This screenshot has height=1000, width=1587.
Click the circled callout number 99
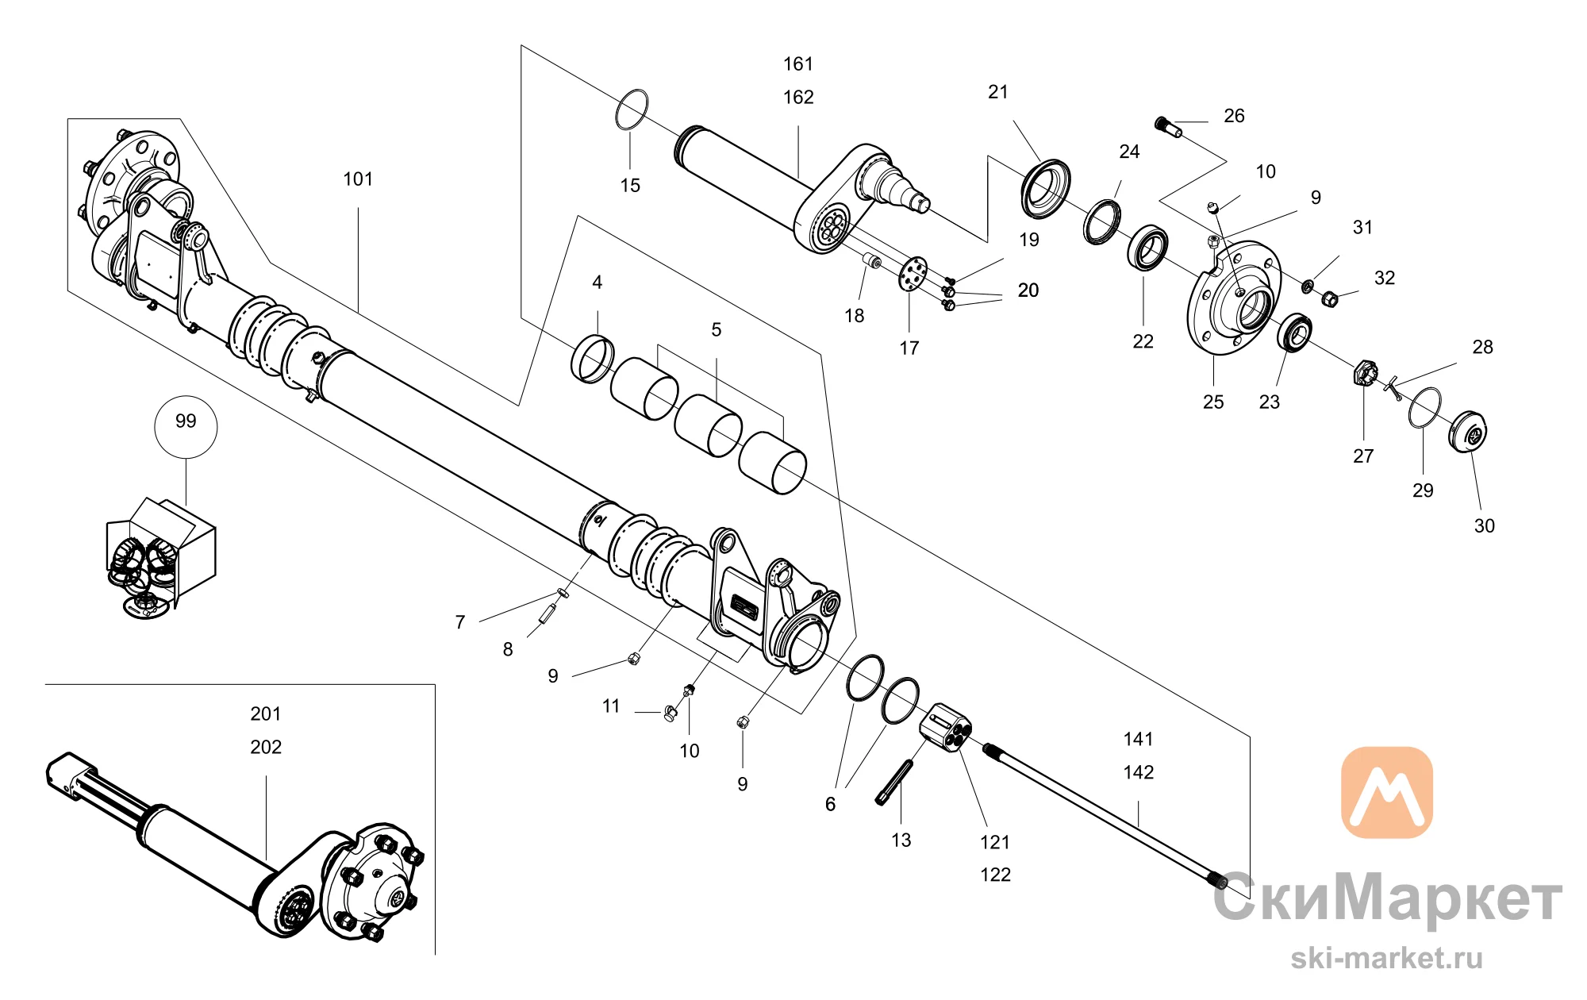[186, 421]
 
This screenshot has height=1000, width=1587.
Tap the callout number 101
[358, 179]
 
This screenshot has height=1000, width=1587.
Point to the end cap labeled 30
[1468, 432]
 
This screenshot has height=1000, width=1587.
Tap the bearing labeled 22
[1147, 248]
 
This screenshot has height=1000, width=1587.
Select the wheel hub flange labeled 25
[1233, 298]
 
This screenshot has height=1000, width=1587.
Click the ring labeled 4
[592, 359]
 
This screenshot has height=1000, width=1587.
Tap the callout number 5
[717, 329]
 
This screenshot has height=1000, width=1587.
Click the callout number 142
[1139, 772]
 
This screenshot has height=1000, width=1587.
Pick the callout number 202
[266, 747]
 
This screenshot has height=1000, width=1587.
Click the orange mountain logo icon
[1386, 791]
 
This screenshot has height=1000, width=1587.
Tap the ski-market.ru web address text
[1386, 958]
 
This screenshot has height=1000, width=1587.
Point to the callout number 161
[798, 64]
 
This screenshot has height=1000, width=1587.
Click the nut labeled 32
[1331, 298]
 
